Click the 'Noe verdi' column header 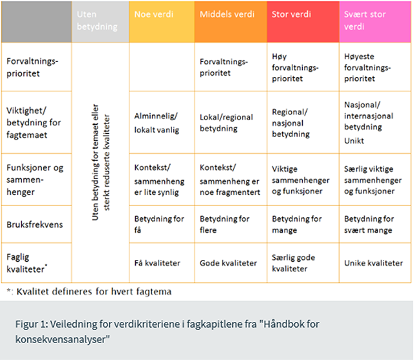click(162, 22)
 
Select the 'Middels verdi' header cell click(231, 22)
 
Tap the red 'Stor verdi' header click(303, 22)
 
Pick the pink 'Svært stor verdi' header click(375, 22)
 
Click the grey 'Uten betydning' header click(100, 22)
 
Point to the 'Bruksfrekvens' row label click(34, 225)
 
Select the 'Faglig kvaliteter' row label click(27, 263)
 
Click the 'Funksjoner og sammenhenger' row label click(35, 180)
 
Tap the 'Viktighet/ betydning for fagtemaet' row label click(34, 123)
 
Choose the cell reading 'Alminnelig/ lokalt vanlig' click(157, 123)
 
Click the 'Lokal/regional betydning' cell click(226, 123)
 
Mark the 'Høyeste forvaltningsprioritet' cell click(367, 67)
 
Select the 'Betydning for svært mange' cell click(369, 224)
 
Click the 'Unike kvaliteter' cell click(373, 263)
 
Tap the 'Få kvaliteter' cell click(157, 263)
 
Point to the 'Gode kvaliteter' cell click(228, 263)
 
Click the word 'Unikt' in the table click(354, 141)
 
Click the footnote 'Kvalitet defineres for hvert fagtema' click(94, 291)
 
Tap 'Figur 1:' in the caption click(32, 324)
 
